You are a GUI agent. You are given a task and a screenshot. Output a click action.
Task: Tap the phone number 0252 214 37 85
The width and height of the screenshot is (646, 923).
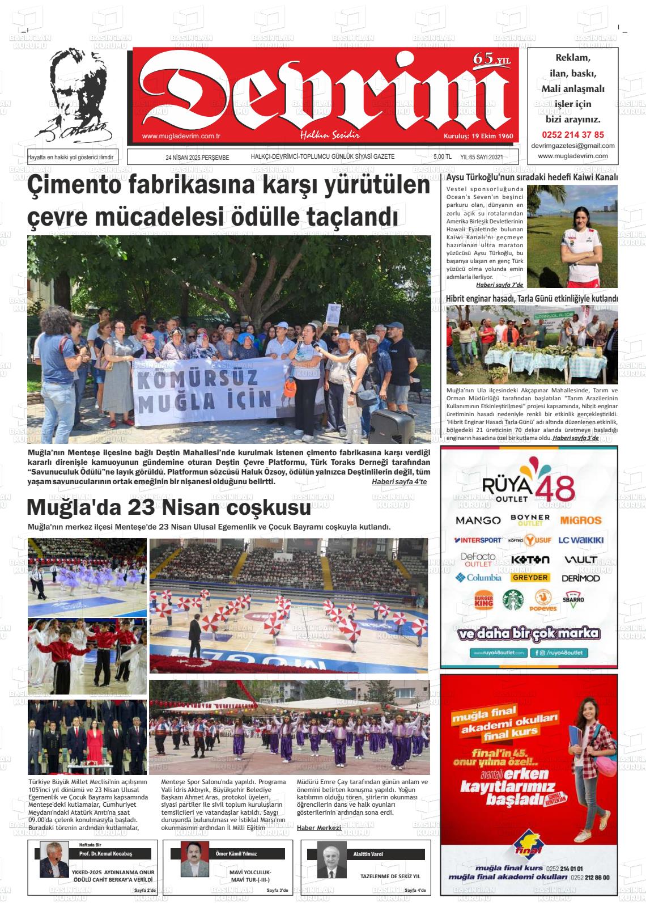(573, 135)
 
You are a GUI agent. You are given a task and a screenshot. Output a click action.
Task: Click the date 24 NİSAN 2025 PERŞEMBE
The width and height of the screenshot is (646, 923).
(197, 158)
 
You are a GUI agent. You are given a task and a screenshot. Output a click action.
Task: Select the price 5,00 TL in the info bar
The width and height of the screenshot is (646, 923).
(442, 157)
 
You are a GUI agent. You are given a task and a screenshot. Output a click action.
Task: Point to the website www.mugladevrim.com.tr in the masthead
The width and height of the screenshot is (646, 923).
(181, 136)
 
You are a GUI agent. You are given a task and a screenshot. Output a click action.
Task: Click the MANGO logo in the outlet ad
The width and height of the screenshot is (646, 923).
(478, 520)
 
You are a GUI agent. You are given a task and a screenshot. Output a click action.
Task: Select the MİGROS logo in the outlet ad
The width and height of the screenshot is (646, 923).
(580, 520)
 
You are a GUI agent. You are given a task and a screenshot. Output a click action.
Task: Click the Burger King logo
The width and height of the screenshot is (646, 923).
(483, 601)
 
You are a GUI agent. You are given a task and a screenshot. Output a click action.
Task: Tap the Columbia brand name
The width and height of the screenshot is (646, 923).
(478, 578)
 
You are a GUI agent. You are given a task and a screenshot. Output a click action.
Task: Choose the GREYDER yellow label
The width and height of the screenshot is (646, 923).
(530, 578)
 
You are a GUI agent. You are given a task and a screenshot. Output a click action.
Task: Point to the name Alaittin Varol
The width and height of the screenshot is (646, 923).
(368, 854)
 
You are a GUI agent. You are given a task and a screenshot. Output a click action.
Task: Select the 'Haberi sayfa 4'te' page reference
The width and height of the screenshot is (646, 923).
(399, 482)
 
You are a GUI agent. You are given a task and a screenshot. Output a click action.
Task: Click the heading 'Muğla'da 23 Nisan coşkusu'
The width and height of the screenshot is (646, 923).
(169, 506)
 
